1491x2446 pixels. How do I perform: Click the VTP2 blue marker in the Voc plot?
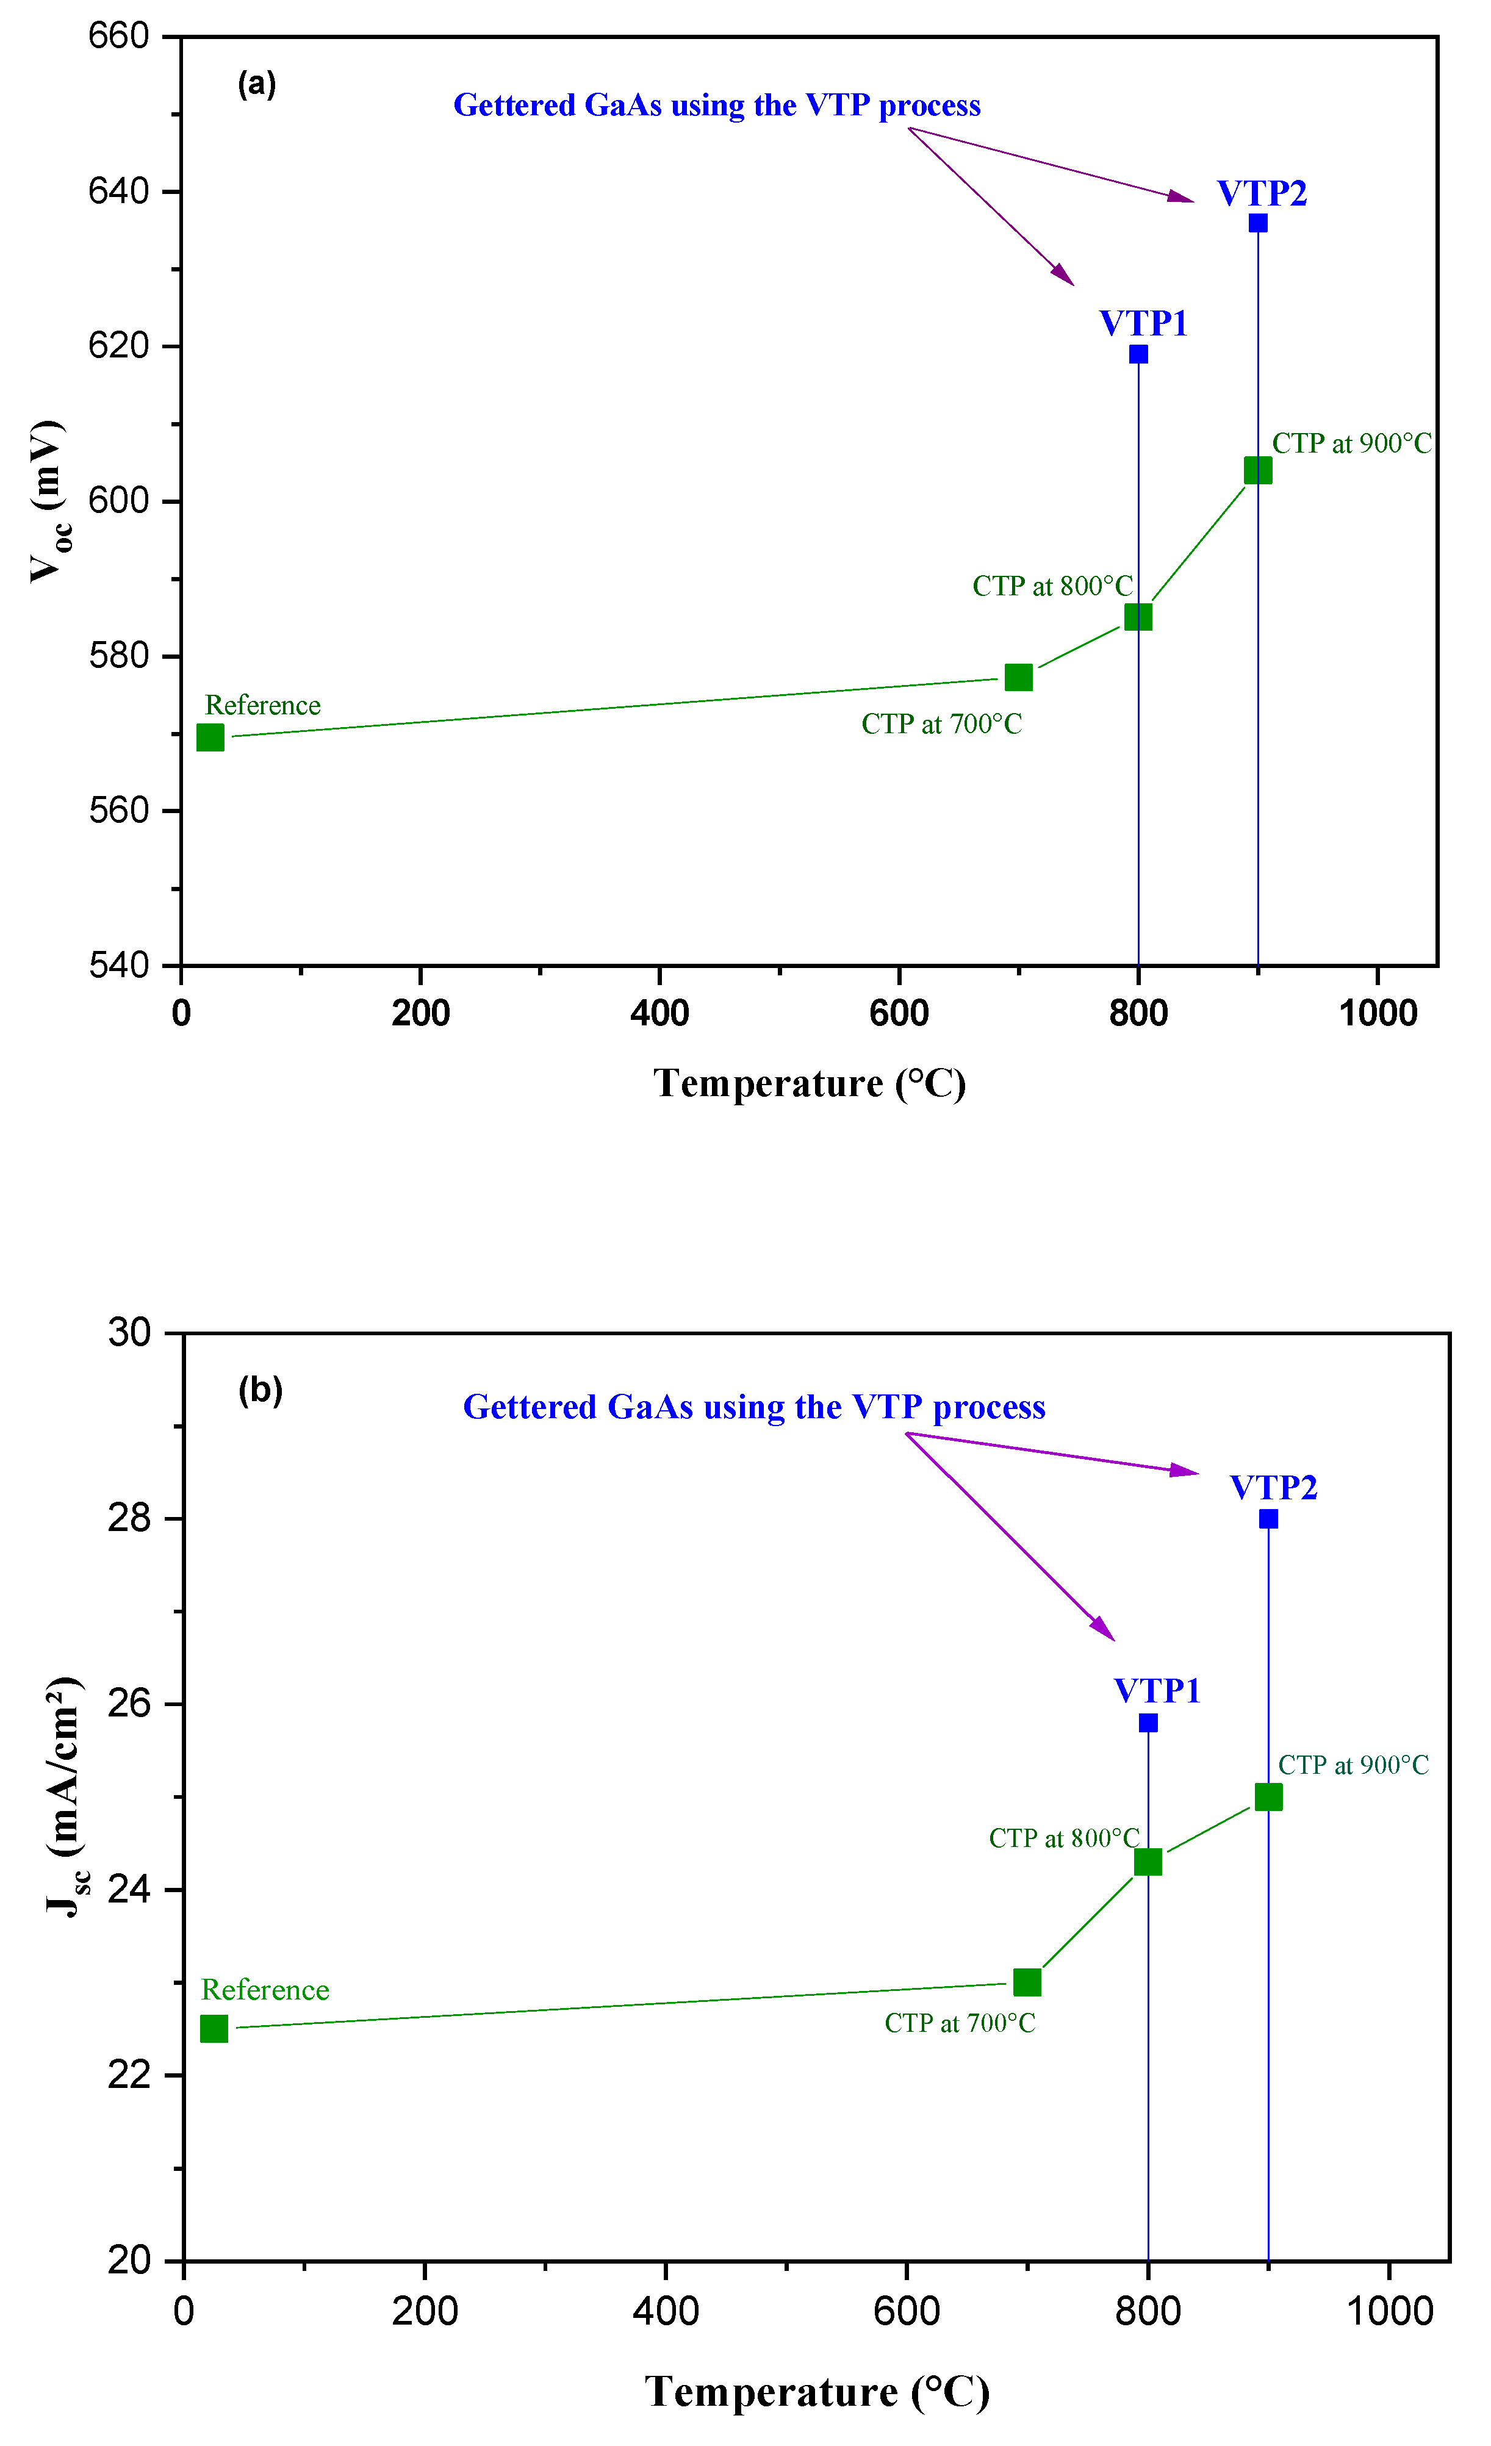click(1258, 223)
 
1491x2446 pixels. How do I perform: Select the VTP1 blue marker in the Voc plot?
click(1138, 354)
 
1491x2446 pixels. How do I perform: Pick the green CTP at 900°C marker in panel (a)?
click(1258, 470)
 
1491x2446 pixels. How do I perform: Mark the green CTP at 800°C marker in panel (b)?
click(1148, 1861)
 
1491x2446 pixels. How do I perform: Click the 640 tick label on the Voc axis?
click(118, 190)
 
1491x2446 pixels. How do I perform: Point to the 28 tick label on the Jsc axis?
click(129, 1518)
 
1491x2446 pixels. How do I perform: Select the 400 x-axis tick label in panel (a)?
click(660, 1014)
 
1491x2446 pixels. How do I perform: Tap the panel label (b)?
click(260, 1390)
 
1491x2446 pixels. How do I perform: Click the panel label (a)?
click(257, 84)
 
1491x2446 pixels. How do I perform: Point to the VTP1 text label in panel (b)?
click(1157, 1691)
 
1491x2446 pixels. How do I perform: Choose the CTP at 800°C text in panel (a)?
click(1052, 586)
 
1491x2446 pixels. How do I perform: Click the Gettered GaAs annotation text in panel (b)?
click(755, 1408)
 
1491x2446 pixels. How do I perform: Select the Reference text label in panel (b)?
click(265, 1990)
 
